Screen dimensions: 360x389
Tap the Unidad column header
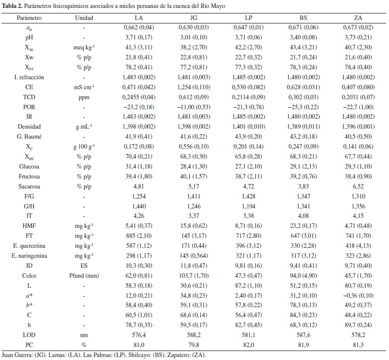[x=84, y=18]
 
